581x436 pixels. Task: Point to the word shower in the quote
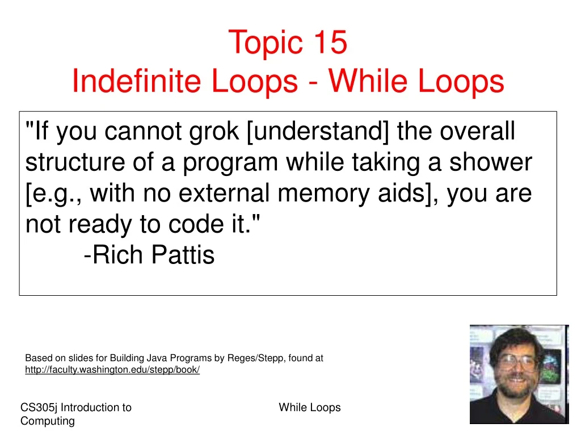(491, 163)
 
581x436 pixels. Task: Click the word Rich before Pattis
(117, 255)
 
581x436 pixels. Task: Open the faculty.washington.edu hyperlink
(112, 370)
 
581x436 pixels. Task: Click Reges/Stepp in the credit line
(254, 358)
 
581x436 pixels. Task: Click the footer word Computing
(47, 421)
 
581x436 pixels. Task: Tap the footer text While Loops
(310, 408)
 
